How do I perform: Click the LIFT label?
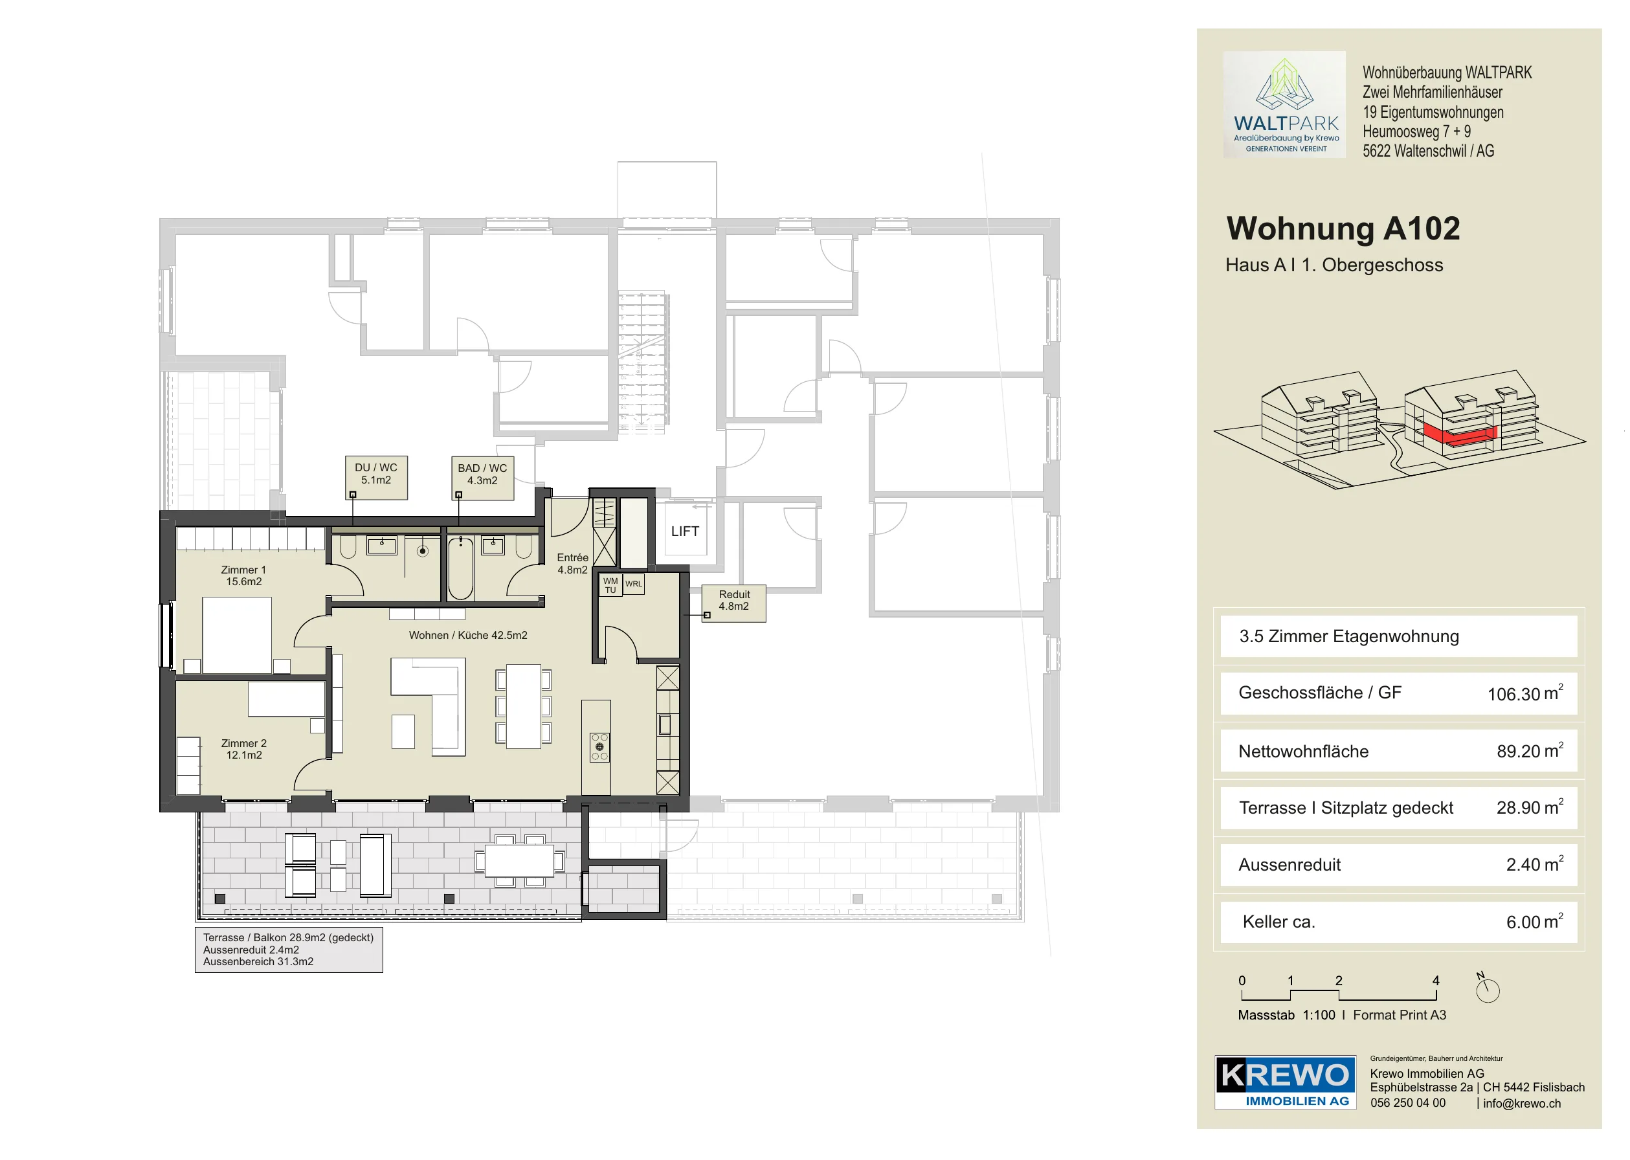pos(684,531)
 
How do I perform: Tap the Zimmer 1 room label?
pos(243,575)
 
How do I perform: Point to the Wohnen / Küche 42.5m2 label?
pos(468,635)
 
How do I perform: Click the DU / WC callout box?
pos(375,477)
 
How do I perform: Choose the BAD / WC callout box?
pos(482,478)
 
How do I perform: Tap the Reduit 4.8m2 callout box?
pos(733,603)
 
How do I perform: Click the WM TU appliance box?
pos(610,585)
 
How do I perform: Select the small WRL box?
pos(634,584)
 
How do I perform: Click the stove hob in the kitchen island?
pos(599,747)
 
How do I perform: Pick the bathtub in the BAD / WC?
pos(461,568)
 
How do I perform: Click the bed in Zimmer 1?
pos(237,635)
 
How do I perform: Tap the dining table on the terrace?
pos(519,861)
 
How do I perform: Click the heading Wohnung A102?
pos(1343,229)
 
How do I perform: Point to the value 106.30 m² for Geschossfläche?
pos(1525,693)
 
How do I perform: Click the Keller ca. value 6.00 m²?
pos(1534,921)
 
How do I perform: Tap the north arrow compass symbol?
pos(1487,988)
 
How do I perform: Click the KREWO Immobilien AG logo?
pos(1285,1082)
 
